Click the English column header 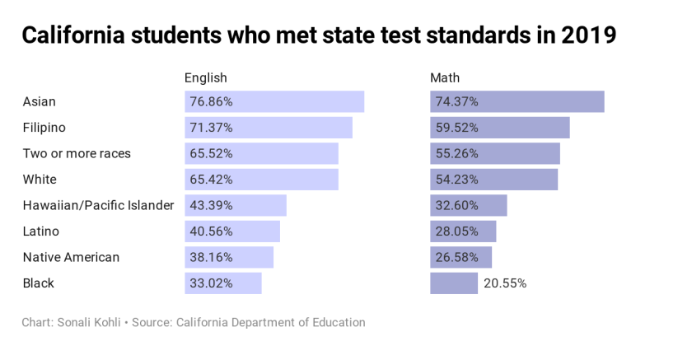(x=205, y=78)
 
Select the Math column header (x=445, y=78)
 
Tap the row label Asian (x=40, y=101)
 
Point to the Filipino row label (x=44, y=128)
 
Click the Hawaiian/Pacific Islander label (x=98, y=205)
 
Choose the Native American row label (x=71, y=257)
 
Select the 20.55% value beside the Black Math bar (x=505, y=283)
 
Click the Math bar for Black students (x=454, y=283)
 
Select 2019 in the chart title (x=586, y=36)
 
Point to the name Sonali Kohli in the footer (x=85, y=322)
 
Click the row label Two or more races (x=77, y=153)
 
